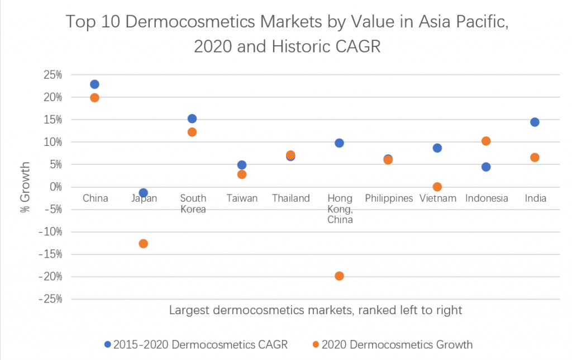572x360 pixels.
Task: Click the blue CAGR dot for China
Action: point(94,84)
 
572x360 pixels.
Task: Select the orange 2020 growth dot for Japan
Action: point(143,243)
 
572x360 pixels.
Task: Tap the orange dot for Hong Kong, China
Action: point(339,276)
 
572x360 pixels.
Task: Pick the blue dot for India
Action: point(535,122)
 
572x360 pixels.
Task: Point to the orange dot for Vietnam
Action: point(437,187)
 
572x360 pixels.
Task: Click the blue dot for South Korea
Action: point(192,119)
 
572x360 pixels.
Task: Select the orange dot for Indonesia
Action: point(486,141)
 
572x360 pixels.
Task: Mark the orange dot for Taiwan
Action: point(241,174)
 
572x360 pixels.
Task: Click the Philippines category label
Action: point(388,198)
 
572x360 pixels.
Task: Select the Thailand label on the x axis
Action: point(290,198)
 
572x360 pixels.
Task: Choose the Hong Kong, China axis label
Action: point(340,209)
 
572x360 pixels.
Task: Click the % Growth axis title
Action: point(25,187)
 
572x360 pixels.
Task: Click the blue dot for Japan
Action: point(143,192)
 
